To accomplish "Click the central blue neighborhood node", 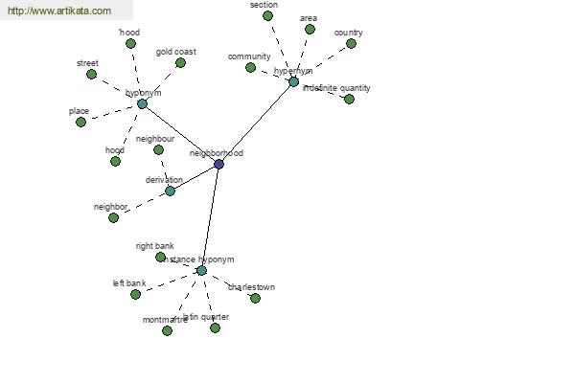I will (x=218, y=165).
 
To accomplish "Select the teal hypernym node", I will (x=293, y=82).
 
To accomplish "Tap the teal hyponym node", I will (x=142, y=103).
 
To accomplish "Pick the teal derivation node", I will (x=170, y=191).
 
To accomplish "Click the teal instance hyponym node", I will (x=201, y=271).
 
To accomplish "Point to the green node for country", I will (x=351, y=43).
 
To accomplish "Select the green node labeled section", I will (x=267, y=15).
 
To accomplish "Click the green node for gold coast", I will (x=180, y=62).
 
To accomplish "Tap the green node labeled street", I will (x=91, y=74).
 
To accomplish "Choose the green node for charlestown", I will (x=255, y=298).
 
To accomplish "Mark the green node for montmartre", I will (x=167, y=330).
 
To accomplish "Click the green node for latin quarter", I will (x=215, y=327).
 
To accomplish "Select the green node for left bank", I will (x=135, y=294).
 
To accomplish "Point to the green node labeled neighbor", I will (x=113, y=217).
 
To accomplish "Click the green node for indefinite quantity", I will (x=349, y=99).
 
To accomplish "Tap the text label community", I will (x=249, y=56).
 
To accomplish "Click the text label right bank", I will (x=154, y=246).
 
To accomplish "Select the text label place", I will (x=79, y=111).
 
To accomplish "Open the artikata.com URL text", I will (x=57, y=11).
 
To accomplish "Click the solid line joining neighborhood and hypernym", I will (x=256, y=124).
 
